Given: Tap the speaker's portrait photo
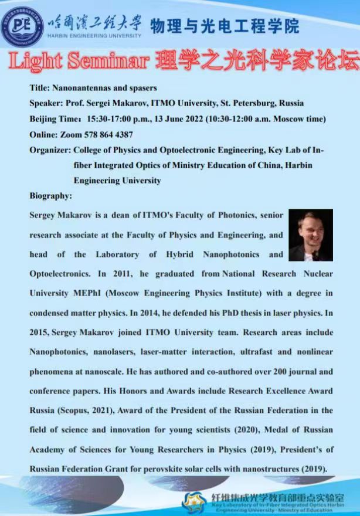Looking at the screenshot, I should click(310, 236).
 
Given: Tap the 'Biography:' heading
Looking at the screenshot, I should click(51, 196).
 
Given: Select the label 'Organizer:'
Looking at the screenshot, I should click(49, 150).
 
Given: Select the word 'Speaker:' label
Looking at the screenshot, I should click(46, 103).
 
